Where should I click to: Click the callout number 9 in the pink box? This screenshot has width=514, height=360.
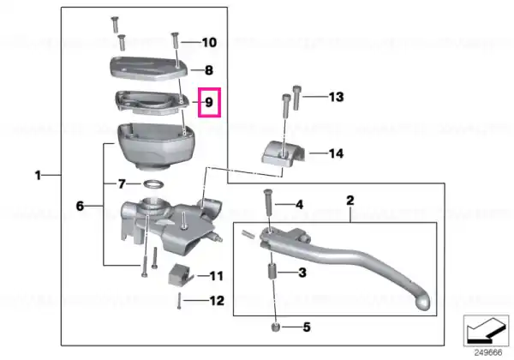click(x=209, y=102)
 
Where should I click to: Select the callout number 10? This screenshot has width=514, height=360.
click(x=209, y=42)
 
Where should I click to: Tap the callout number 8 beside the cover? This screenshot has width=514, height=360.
click(x=209, y=70)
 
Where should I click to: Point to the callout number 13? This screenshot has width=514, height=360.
click(x=337, y=97)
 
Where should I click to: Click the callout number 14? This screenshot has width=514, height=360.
click(x=337, y=153)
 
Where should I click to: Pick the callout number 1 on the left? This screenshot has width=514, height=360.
click(x=38, y=176)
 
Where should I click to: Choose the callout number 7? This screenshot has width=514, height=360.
click(x=122, y=184)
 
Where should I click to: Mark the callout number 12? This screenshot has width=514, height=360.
click(x=217, y=301)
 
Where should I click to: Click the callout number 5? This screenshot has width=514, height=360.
click(x=307, y=327)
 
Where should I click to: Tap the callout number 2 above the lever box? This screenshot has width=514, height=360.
click(x=350, y=201)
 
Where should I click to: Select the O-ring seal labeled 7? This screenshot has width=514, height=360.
click(x=153, y=184)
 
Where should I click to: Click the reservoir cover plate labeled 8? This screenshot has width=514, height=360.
click(x=148, y=68)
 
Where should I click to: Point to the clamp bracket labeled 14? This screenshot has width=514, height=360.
click(x=284, y=153)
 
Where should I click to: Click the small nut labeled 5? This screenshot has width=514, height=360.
click(x=275, y=327)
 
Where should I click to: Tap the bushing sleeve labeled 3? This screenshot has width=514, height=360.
click(x=272, y=272)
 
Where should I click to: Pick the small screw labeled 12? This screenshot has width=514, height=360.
click(x=179, y=301)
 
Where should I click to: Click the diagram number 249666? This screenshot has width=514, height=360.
click(x=488, y=353)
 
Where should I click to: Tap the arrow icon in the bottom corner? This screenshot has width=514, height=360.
click(x=487, y=331)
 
